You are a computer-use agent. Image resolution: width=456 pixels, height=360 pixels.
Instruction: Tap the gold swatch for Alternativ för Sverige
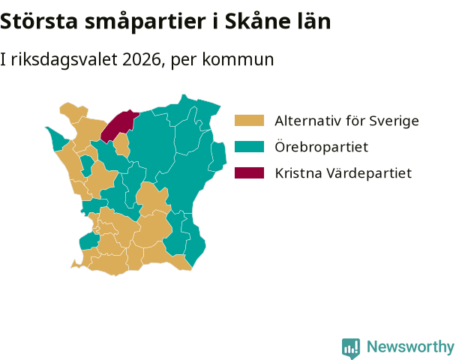(249, 121)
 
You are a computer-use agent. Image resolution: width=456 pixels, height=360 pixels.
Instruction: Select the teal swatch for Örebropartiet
(249, 146)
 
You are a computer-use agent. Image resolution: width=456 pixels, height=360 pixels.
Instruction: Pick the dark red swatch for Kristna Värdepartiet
(249, 172)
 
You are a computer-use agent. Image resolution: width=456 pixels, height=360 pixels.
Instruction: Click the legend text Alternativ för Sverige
(346, 121)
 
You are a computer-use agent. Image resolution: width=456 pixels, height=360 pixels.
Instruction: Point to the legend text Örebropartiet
(321, 146)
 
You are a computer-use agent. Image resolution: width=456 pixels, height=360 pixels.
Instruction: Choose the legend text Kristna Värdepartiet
(343, 173)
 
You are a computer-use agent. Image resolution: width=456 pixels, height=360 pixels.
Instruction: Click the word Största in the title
(39, 21)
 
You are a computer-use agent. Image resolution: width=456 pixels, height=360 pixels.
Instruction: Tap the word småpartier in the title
(145, 22)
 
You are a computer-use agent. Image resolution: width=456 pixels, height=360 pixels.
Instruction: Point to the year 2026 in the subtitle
(142, 59)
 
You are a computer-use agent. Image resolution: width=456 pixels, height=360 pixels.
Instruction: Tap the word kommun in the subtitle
(238, 59)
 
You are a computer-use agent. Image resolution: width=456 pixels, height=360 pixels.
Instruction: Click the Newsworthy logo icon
(351, 348)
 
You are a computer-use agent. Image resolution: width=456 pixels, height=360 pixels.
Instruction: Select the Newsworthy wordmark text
(410, 347)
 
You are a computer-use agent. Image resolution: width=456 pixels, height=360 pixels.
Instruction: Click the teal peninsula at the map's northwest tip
(58, 139)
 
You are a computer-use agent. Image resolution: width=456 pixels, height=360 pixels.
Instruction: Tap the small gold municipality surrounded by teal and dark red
(121, 145)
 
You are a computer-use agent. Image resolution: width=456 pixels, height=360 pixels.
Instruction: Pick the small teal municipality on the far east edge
(217, 157)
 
